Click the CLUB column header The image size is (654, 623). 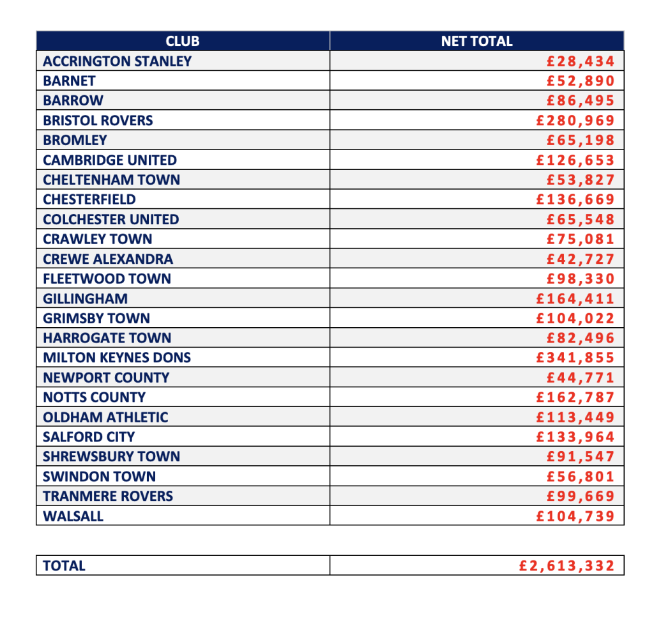[x=183, y=42]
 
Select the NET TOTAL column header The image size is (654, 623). [x=476, y=42]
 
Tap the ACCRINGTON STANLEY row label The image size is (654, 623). [x=117, y=61]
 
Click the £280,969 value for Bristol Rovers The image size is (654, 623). [x=575, y=121]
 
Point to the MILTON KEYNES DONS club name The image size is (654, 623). [x=117, y=358]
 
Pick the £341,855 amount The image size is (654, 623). [x=575, y=358]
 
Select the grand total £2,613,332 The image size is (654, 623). [x=567, y=565]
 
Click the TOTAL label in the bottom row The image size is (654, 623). [x=64, y=565]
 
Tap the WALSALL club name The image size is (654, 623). [x=73, y=516]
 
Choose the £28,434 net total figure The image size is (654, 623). [x=581, y=61]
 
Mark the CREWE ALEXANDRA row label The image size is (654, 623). [x=108, y=259]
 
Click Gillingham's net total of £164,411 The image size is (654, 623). [x=575, y=298]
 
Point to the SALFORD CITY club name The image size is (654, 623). [x=89, y=437]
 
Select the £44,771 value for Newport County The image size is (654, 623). [x=581, y=378]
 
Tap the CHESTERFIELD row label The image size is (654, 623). [x=89, y=199]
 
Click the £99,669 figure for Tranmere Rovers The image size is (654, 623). [x=581, y=496]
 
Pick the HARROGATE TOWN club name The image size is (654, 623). [x=107, y=338]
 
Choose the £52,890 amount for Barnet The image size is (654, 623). [x=581, y=81]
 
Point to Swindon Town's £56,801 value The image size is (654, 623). [x=581, y=477]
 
